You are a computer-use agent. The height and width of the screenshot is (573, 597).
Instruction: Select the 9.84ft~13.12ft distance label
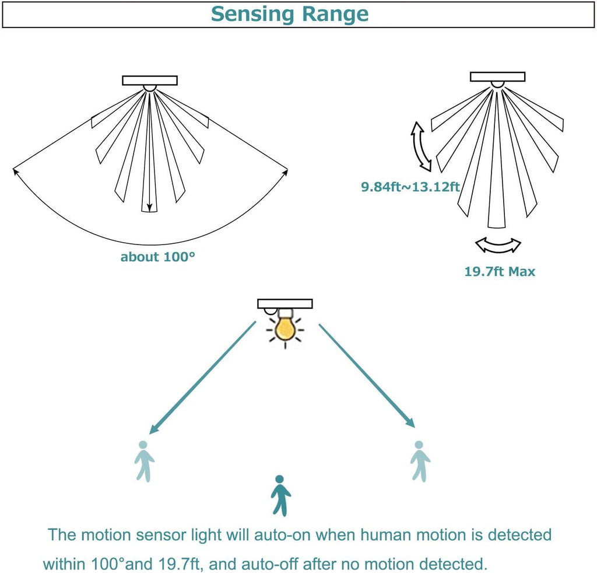(x=411, y=187)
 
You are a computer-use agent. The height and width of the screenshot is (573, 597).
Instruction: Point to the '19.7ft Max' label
(x=500, y=271)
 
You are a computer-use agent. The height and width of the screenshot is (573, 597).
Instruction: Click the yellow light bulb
(x=285, y=328)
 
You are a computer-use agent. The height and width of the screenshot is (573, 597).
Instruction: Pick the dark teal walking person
(x=281, y=495)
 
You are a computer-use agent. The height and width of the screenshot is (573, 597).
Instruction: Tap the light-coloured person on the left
(x=144, y=461)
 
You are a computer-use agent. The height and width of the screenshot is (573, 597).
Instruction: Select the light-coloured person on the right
(x=419, y=461)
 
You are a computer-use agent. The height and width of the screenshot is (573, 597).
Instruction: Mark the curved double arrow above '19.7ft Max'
(x=498, y=245)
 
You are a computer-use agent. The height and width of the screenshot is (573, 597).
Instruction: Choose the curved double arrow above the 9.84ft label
(x=422, y=146)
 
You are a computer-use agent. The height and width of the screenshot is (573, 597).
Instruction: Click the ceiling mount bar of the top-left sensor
(x=150, y=81)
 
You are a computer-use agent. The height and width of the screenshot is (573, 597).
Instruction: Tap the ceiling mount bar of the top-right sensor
(x=497, y=76)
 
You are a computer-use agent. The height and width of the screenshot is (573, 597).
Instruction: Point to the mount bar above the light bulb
(x=285, y=303)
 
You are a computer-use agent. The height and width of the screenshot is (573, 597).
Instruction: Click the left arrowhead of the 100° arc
(x=16, y=170)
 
